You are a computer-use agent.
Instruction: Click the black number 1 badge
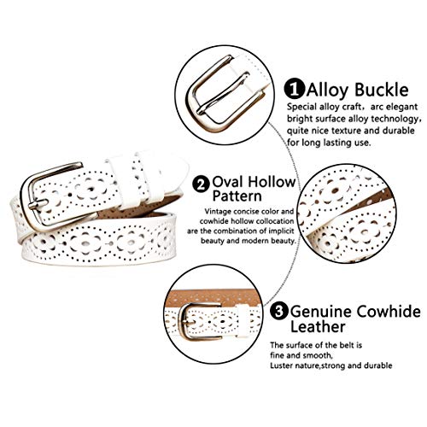pyautogui.click(x=295, y=89)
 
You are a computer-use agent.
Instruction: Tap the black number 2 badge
pyautogui.click(x=202, y=184)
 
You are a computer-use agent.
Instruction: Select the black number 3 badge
pyautogui.click(x=279, y=312)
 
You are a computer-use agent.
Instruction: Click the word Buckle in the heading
pyautogui.click(x=382, y=90)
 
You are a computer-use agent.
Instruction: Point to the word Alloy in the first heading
pyautogui.click(x=328, y=90)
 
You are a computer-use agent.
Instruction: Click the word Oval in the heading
pyautogui.click(x=228, y=182)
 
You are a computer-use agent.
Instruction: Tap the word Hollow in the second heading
pyautogui.click(x=271, y=182)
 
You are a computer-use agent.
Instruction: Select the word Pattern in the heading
pyautogui.click(x=237, y=196)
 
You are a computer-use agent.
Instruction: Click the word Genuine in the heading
pyautogui.click(x=321, y=312)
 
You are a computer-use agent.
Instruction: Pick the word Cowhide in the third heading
pyautogui.click(x=389, y=311)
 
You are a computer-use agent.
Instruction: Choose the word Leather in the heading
pyautogui.click(x=318, y=326)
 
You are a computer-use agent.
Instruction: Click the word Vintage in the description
pyautogui.click(x=218, y=212)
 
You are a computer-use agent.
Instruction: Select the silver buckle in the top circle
pyautogui.click(x=225, y=94)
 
